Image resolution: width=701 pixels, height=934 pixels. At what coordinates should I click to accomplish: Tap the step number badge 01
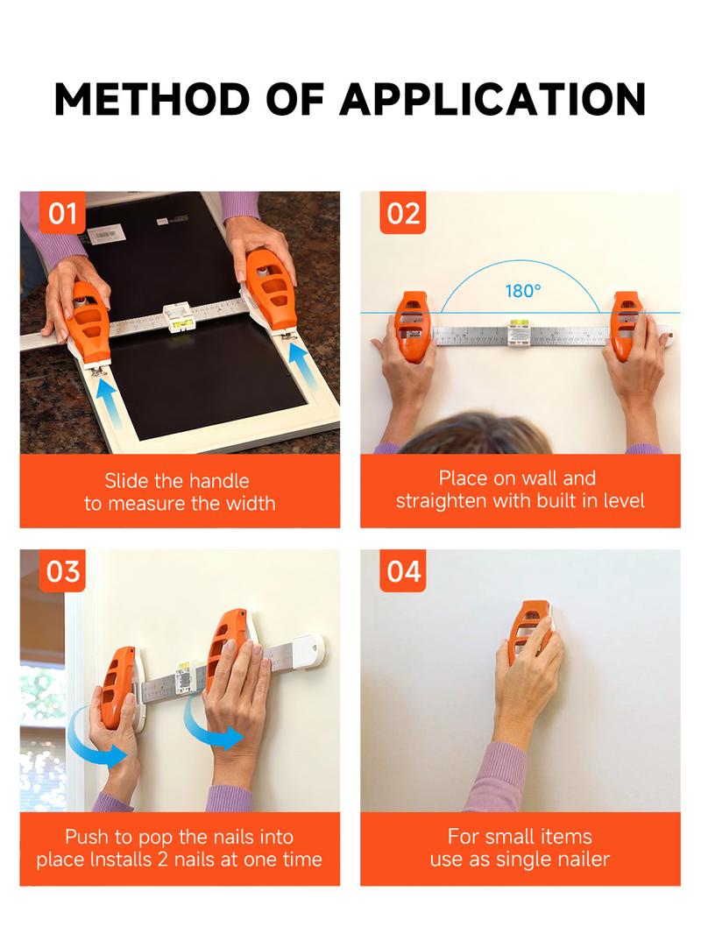click(x=62, y=214)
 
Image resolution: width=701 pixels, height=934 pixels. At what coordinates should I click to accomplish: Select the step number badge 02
click(x=403, y=214)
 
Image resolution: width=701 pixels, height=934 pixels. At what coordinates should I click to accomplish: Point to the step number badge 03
click(x=62, y=571)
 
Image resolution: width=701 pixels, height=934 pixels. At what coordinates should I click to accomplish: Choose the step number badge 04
click(x=403, y=571)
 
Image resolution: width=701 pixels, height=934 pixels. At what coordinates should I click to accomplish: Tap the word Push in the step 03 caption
click(x=85, y=837)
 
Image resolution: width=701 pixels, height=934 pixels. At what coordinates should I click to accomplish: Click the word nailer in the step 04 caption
click(x=582, y=859)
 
